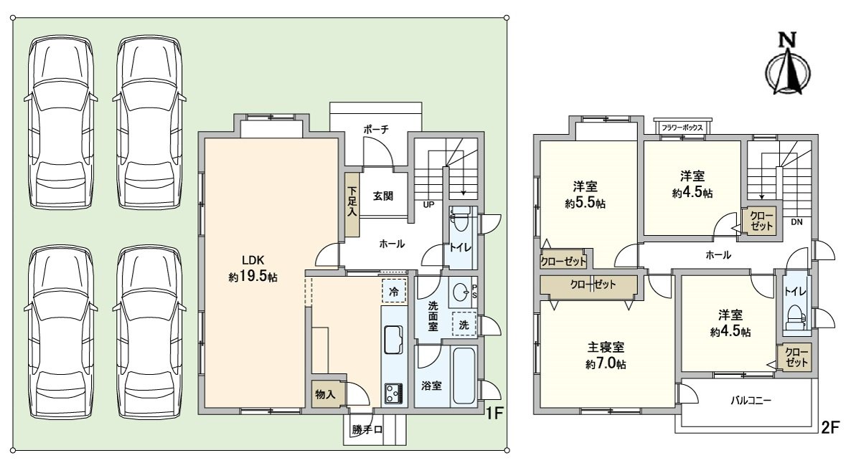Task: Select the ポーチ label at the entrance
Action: click(375, 130)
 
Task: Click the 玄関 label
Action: click(382, 196)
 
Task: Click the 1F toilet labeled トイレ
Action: click(460, 248)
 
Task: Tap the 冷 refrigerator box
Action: click(394, 291)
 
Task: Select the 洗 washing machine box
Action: click(464, 324)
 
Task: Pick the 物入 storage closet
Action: click(326, 394)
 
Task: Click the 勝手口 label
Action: click(367, 430)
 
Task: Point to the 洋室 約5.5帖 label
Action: click(585, 194)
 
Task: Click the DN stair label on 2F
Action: click(796, 222)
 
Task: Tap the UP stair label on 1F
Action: click(428, 205)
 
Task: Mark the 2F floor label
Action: click(830, 428)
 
